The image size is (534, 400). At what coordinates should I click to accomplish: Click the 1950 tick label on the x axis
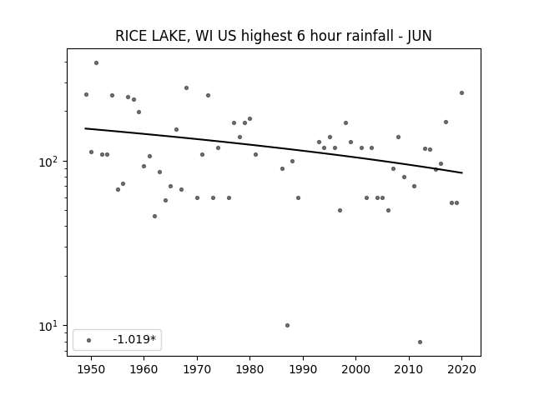91,369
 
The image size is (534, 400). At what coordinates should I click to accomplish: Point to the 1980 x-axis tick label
249,369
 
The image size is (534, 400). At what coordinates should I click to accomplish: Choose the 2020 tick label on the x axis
461,369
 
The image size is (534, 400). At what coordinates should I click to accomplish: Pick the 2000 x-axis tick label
356,369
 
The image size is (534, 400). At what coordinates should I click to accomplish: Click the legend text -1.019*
134,339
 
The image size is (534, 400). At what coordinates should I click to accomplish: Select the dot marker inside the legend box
89,340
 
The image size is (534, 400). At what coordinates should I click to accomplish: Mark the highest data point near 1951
97,63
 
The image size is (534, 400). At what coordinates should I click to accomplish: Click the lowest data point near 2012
420,342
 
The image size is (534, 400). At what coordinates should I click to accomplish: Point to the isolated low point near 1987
287,326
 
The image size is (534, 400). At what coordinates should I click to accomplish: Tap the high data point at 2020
461,92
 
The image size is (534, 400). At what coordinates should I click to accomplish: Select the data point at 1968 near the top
187,87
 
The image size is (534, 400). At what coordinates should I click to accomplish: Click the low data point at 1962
154,217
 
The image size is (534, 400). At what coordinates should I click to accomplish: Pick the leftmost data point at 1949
86,94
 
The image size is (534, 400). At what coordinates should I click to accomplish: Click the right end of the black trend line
462,172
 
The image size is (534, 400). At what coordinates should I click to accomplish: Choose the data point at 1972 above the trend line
208,96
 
